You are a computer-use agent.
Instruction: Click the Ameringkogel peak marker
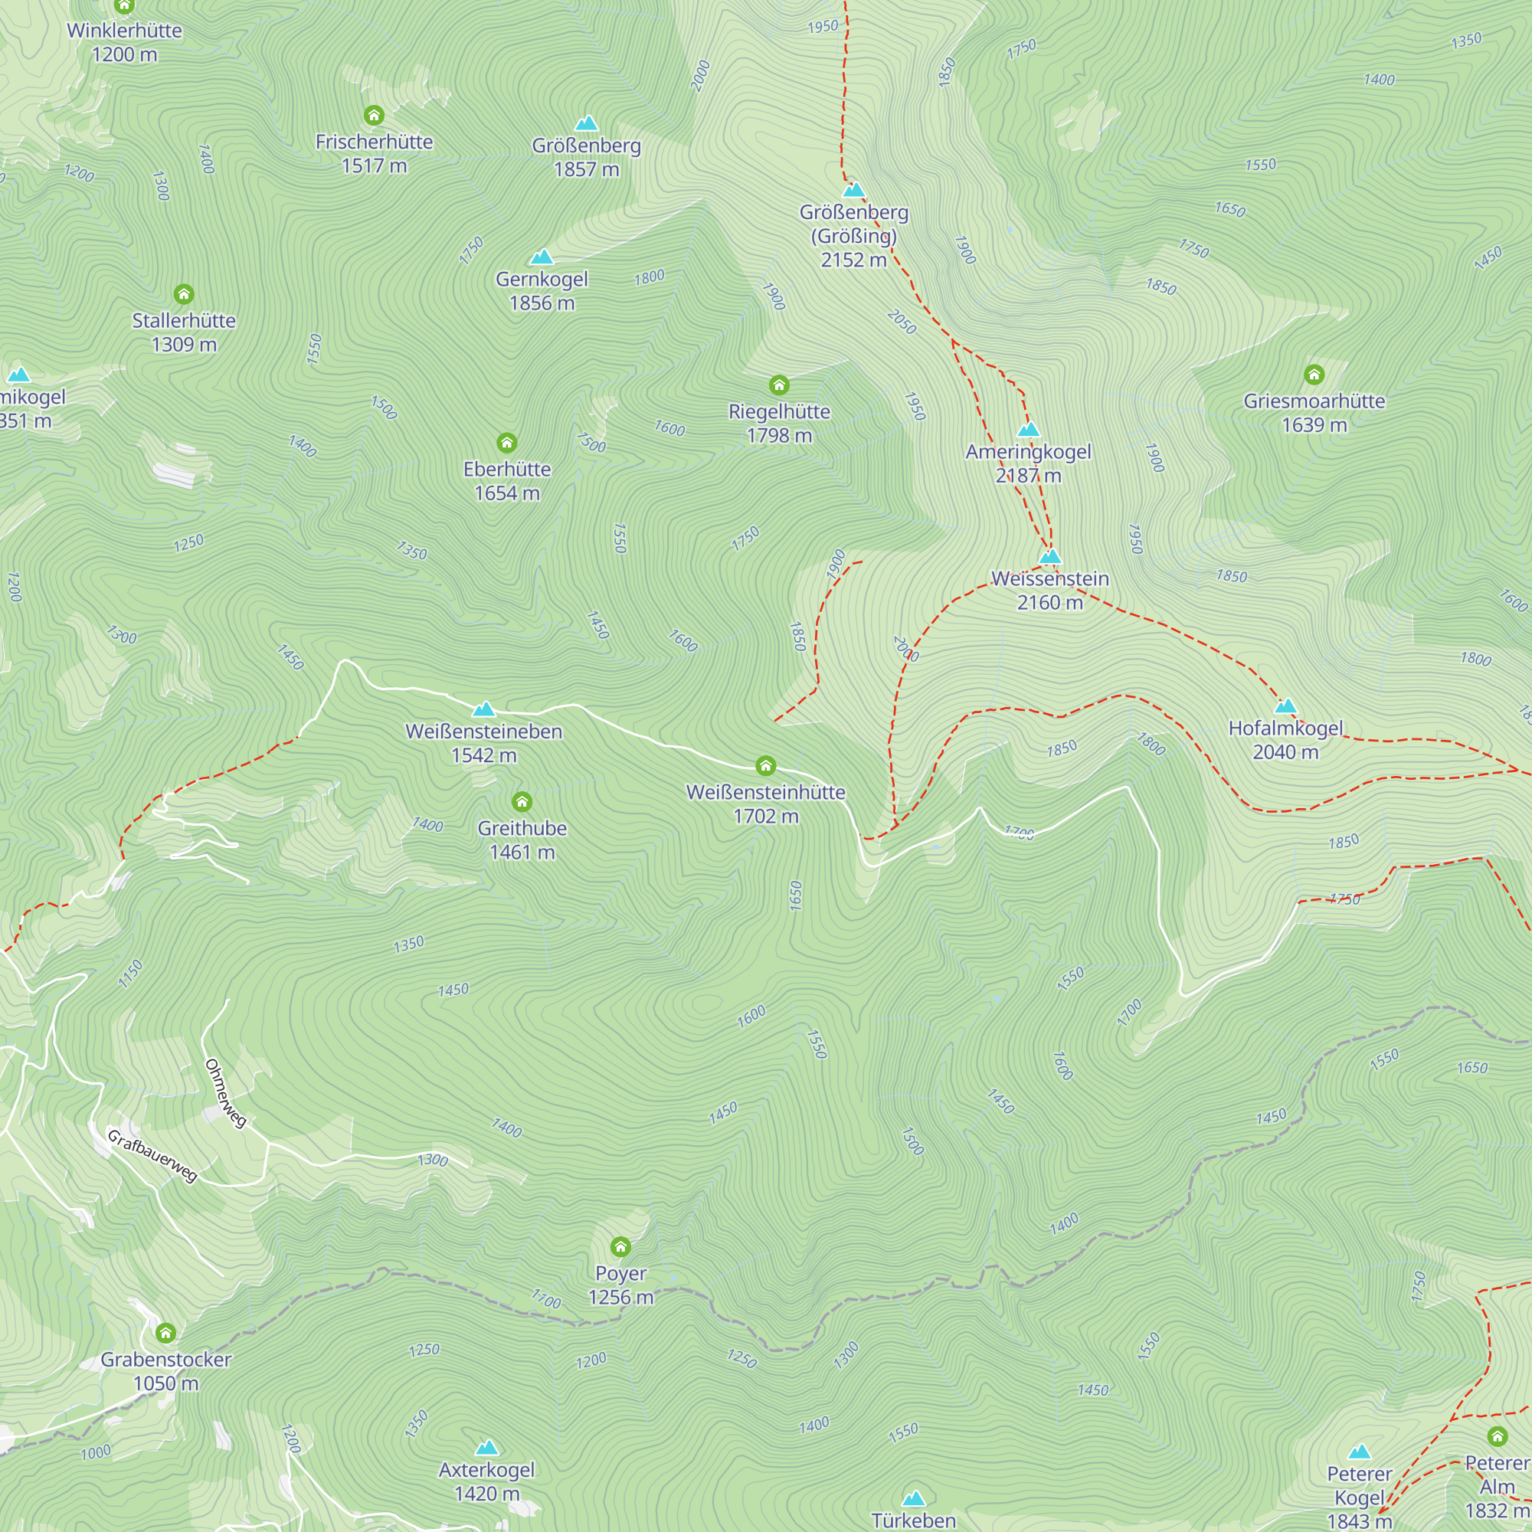click(x=1029, y=430)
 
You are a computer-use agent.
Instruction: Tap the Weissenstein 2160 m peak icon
click(x=1050, y=557)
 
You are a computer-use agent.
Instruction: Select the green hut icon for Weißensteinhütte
click(x=765, y=765)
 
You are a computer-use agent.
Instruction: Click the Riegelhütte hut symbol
click(x=779, y=385)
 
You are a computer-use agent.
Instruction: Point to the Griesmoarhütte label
click(x=1314, y=412)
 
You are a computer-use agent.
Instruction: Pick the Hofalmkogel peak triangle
click(x=1285, y=705)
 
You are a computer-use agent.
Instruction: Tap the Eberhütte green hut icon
click(x=506, y=443)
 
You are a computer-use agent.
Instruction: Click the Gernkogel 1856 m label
click(x=542, y=291)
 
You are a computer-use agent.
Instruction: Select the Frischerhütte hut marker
click(x=374, y=116)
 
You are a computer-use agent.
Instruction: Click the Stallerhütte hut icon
click(x=184, y=294)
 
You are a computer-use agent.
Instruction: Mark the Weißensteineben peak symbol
click(x=483, y=709)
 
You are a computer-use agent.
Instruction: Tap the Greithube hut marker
click(x=522, y=801)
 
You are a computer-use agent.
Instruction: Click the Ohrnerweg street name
click(x=226, y=1093)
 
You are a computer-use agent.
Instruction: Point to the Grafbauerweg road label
click(x=152, y=1156)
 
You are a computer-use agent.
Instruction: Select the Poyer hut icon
click(x=620, y=1247)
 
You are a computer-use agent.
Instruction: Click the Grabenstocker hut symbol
click(x=165, y=1333)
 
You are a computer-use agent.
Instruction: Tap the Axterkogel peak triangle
click(x=487, y=1448)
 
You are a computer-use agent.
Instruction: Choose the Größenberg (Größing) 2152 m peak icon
click(x=853, y=190)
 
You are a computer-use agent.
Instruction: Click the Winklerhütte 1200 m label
click(x=125, y=42)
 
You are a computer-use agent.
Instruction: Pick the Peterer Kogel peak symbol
click(x=1359, y=1452)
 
